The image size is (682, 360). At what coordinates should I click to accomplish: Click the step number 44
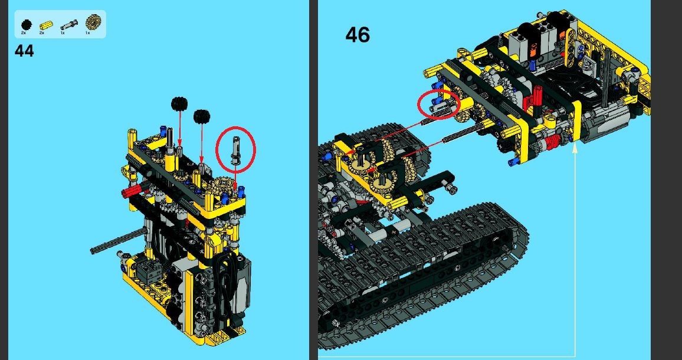click(x=24, y=51)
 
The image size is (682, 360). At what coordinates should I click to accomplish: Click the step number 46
click(x=358, y=35)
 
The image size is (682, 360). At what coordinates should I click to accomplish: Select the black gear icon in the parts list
click(x=25, y=24)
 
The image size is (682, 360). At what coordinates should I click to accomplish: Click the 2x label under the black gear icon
click(x=24, y=33)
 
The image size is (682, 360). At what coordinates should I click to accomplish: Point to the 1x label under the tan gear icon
click(x=87, y=33)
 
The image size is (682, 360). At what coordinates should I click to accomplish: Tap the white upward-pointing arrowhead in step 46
click(x=575, y=150)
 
